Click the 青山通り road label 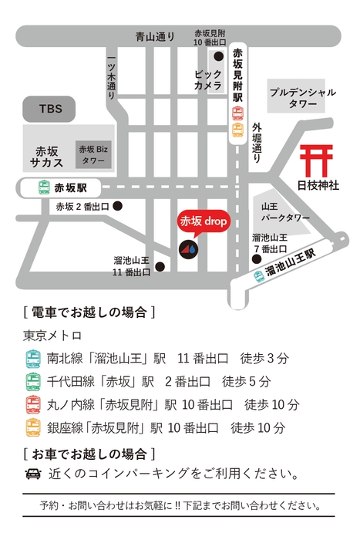pos(155,36)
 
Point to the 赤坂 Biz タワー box pos(93,154)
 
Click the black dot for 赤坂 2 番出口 pos(117,206)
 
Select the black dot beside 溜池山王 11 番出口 pos(160,267)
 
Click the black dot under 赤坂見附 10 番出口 pos(219,56)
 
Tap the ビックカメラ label pos(208,80)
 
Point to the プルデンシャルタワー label pos(303,97)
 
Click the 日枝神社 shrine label pos(318,185)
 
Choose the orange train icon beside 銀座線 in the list pos(33,427)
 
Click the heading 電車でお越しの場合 pos(89,312)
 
